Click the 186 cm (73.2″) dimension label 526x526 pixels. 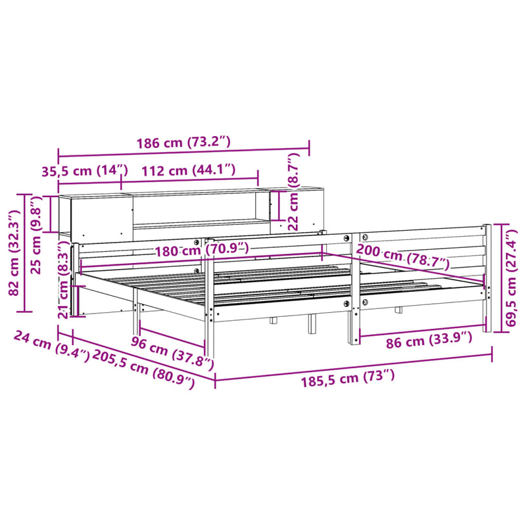183,142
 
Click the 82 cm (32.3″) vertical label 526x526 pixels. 13,251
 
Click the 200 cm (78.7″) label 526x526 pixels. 402,258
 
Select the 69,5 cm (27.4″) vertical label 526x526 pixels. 514,279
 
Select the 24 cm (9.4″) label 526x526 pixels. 49,346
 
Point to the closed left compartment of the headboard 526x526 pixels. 98,218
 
